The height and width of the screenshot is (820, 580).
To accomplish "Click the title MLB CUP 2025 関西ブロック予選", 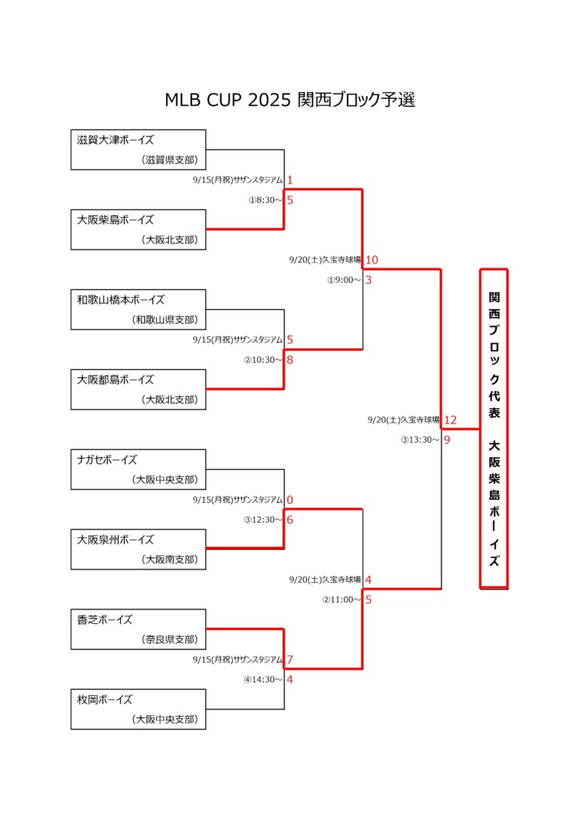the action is (x=290, y=99).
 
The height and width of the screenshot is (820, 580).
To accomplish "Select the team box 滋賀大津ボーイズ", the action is (x=138, y=150).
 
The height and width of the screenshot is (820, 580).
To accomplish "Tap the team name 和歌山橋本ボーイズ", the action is (x=121, y=299).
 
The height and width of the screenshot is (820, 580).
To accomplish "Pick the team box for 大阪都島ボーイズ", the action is (x=138, y=389).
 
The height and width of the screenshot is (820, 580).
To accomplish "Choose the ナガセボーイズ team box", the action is (x=138, y=469).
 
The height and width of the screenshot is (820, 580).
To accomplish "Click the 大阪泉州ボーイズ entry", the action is (x=138, y=549).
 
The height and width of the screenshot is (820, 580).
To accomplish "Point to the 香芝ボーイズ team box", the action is (x=138, y=629).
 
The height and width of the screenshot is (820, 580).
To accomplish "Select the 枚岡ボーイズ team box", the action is (x=138, y=709).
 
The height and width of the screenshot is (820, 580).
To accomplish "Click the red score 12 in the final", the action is (x=450, y=420).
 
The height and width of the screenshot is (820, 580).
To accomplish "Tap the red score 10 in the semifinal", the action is (x=372, y=260).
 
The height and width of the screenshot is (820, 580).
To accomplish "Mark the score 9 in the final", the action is (x=447, y=440).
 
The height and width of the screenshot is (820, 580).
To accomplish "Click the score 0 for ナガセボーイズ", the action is (x=290, y=500).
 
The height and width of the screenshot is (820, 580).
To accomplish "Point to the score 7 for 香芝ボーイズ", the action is (x=290, y=660).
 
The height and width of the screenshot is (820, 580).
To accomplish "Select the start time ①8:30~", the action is (x=265, y=199).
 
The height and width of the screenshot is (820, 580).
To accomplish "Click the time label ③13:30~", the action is (x=420, y=440).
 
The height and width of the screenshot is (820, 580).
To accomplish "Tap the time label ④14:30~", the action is (x=263, y=679).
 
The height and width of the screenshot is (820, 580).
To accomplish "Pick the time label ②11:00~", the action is (x=341, y=599).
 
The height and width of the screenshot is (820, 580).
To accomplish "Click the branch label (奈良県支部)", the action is (x=170, y=639).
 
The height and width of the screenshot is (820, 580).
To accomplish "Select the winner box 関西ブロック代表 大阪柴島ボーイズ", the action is (x=493, y=429).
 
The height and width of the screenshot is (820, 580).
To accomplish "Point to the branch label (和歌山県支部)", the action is (x=165, y=320).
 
